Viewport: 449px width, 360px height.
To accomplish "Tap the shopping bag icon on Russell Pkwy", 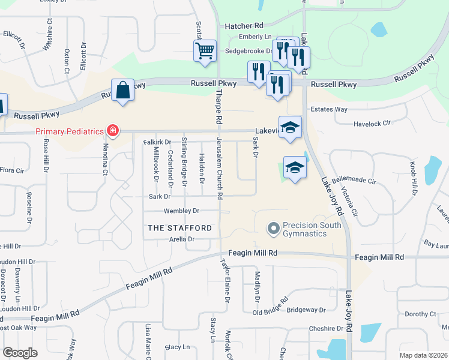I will [123, 91].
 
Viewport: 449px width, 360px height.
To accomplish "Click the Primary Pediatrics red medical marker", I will [112, 130].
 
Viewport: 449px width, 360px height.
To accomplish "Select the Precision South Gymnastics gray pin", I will [274, 229].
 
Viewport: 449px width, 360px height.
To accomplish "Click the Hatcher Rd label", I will [244, 26].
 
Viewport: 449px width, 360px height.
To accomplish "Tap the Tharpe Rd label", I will [219, 102].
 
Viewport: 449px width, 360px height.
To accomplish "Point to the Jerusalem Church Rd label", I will [220, 169].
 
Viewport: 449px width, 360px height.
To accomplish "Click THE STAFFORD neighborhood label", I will [179, 228].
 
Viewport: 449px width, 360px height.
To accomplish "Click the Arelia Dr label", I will [182, 239].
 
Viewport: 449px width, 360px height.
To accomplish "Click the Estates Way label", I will [329, 109].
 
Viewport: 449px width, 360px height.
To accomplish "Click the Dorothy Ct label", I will [420, 314].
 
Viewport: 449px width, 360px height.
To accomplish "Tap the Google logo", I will [20, 353].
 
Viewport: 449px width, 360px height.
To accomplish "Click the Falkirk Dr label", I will [157, 142].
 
